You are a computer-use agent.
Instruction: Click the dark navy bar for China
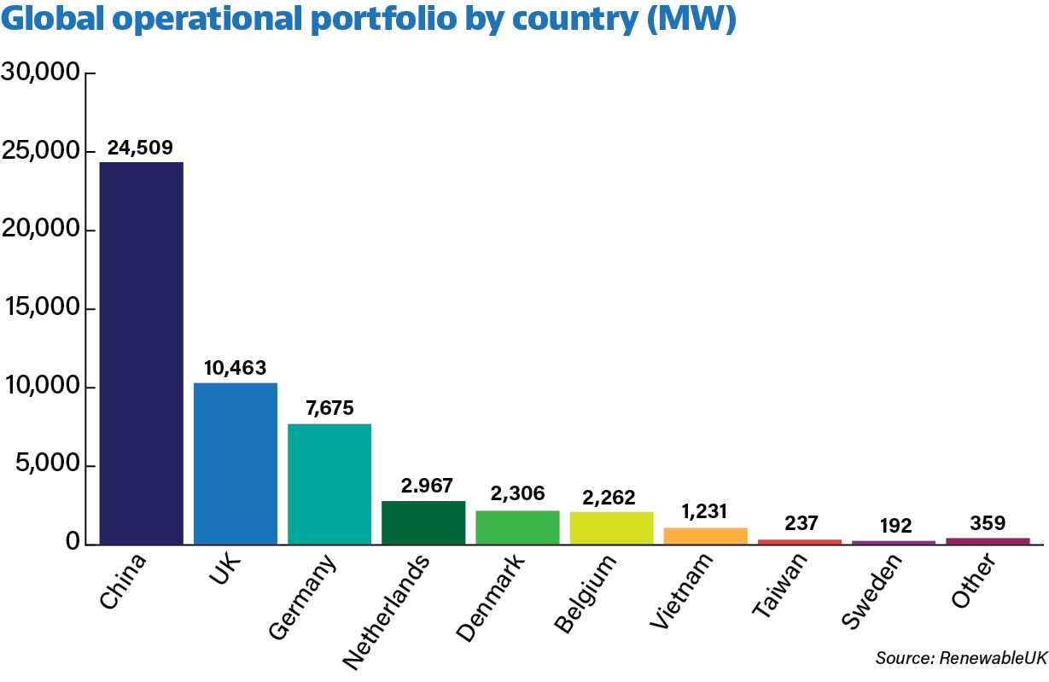tap(142, 353)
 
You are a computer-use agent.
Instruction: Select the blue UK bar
tap(236, 463)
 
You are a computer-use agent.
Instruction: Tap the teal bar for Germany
tap(329, 484)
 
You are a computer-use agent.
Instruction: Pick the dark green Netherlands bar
tap(423, 522)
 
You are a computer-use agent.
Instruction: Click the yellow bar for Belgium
tap(611, 528)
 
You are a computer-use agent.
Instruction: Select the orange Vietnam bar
tap(705, 535)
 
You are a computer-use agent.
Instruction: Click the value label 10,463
tap(236, 369)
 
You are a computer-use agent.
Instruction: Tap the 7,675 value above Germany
tap(329, 409)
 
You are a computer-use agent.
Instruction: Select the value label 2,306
tap(517, 493)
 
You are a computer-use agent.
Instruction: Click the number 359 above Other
tap(988, 522)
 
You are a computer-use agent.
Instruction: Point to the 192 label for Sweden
tap(894, 525)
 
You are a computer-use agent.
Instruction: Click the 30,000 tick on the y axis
tap(40, 73)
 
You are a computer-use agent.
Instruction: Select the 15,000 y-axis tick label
tap(40, 309)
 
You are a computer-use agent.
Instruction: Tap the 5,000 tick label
tap(46, 466)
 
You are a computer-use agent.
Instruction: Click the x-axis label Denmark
tap(492, 597)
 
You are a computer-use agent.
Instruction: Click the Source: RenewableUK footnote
tap(960, 658)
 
